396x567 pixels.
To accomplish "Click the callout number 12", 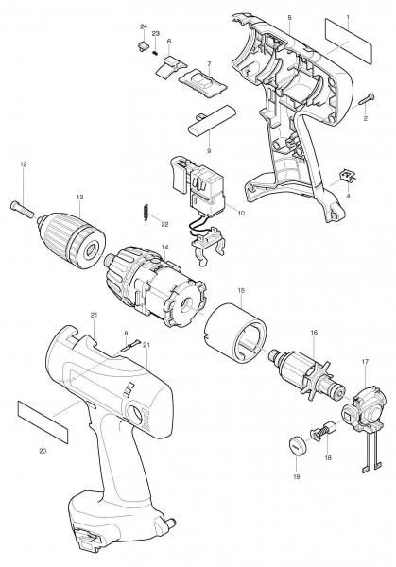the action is coord(24,164).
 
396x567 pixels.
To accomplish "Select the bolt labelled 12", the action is coord(22,208).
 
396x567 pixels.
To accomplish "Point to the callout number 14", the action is coord(164,247).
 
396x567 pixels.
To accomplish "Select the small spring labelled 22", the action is coord(146,211).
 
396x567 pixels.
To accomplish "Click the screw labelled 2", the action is coord(367,98).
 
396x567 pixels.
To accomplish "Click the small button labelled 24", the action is coord(144,46).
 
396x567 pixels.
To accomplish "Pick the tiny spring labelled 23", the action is coord(155,53).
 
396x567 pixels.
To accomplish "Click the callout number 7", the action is coord(209,63).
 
